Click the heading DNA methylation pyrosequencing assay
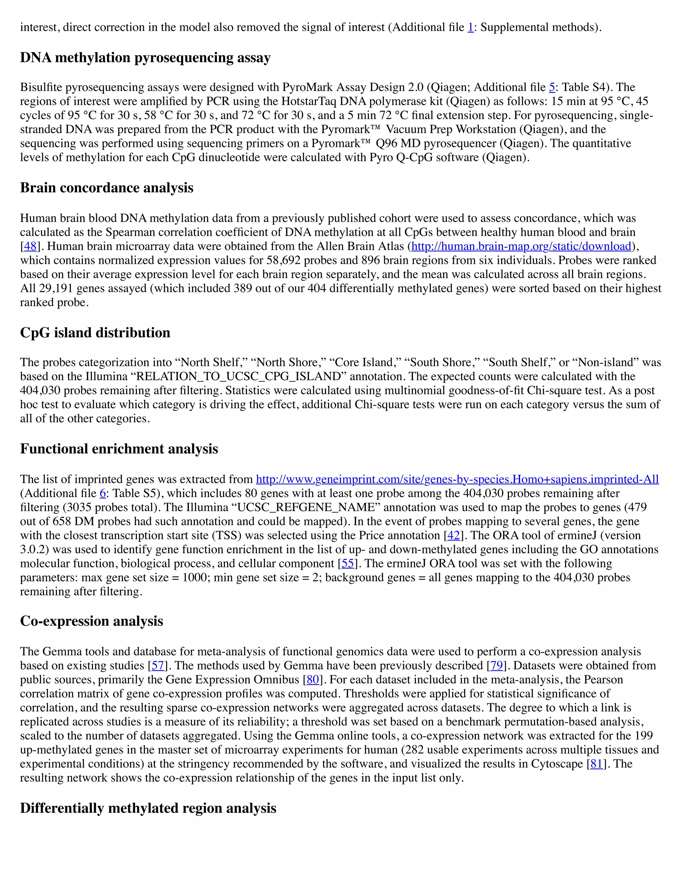(x=145, y=58)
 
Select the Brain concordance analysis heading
(x=107, y=188)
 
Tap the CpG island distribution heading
(x=95, y=333)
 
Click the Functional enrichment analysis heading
(x=119, y=449)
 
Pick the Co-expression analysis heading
(x=91, y=621)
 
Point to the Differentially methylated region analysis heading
(x=148, y=808)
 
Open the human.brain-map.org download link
(x=521, y=246)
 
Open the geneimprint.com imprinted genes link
(x=457, y=479)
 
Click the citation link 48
(x=30, y=246)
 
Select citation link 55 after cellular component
(x=347, y=563)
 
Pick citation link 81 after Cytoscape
(x=596, y=764)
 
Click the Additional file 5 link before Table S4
(x=551, y=87)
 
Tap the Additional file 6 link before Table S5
(x=103, y=494)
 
